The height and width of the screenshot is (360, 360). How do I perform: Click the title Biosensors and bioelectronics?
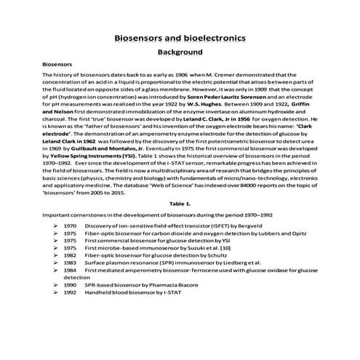click(x=180, y=38)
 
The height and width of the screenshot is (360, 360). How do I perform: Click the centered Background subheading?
click(x=180, y=53)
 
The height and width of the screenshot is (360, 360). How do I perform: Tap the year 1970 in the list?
click(x=71, y=227)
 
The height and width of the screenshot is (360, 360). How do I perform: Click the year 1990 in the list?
click(x=71, y=284)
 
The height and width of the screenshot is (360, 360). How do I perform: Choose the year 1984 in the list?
click(x=71, y=270)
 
